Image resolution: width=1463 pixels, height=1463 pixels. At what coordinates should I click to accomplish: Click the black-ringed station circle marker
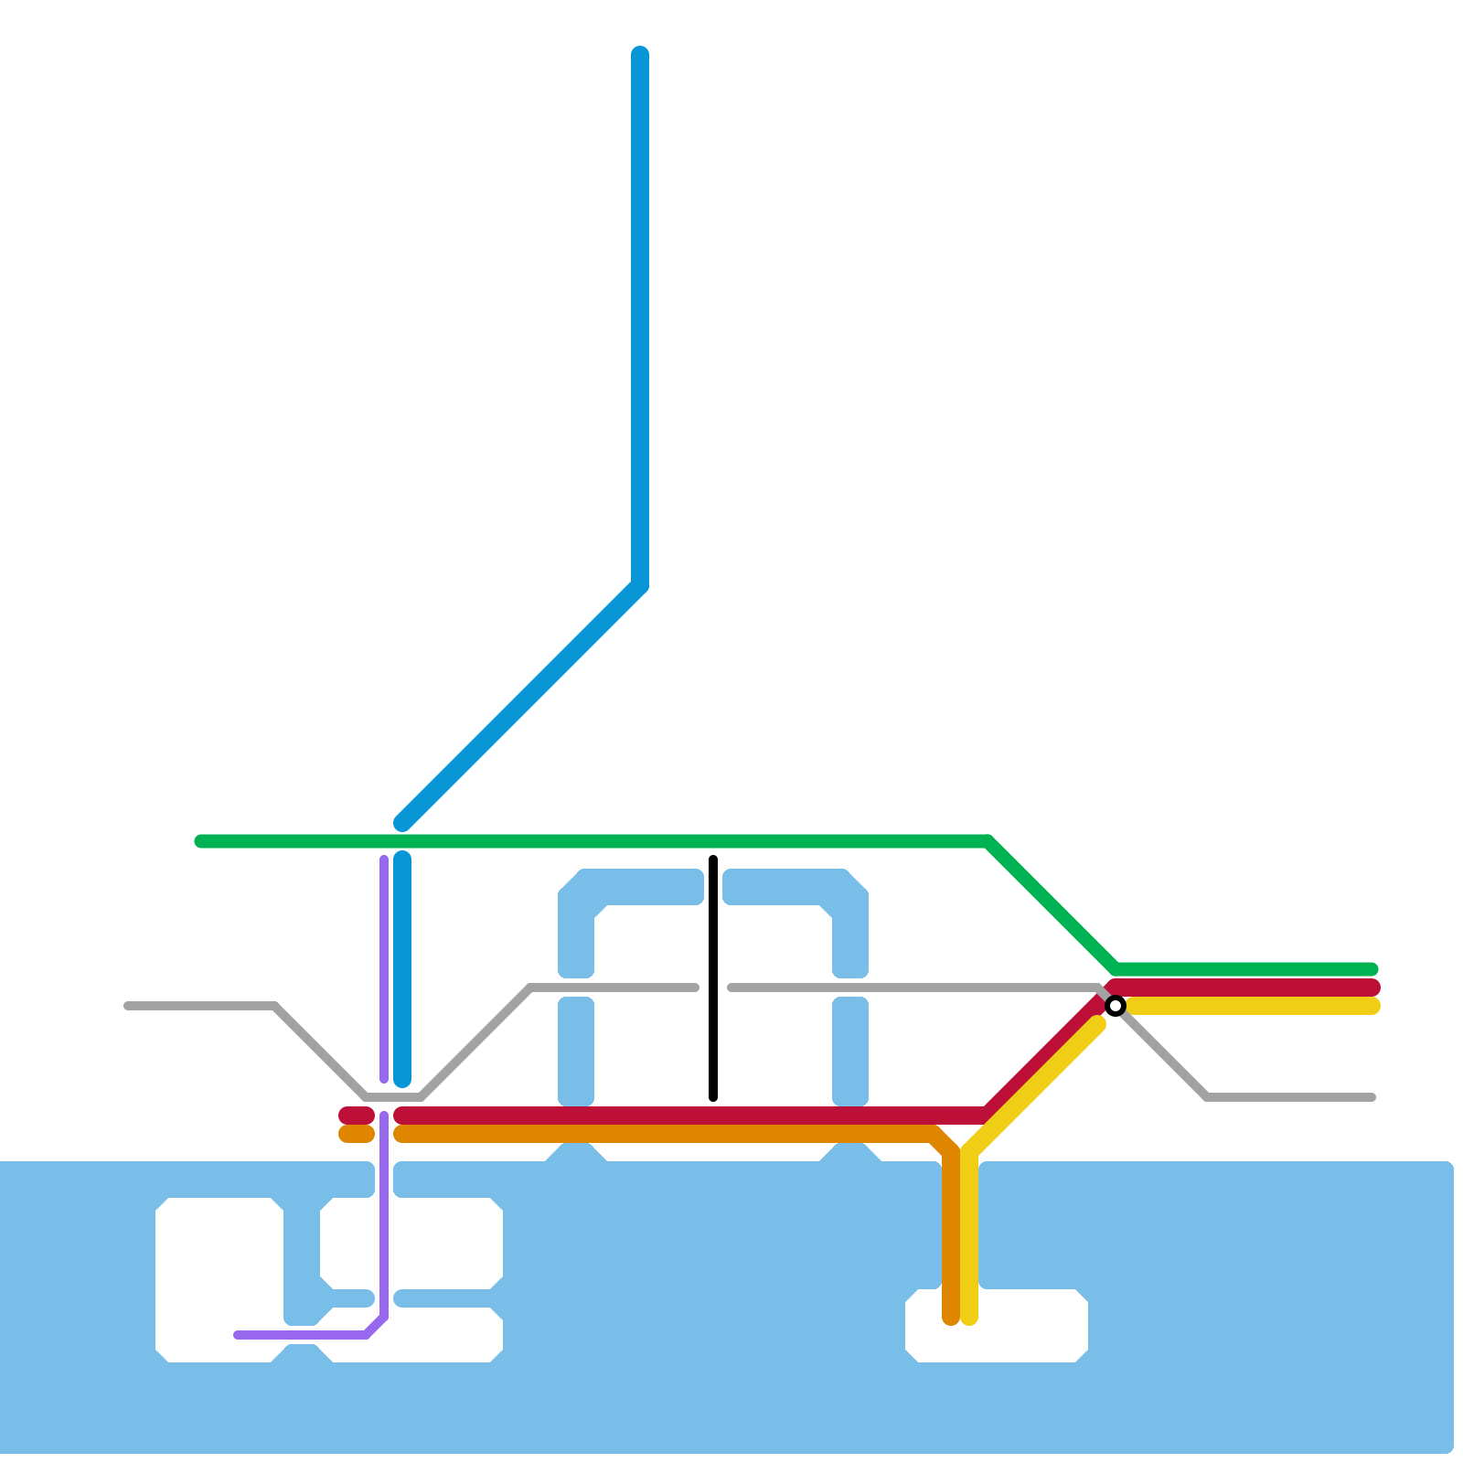[1115, 1006]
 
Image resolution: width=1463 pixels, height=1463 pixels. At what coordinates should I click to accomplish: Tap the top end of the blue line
[640, 53]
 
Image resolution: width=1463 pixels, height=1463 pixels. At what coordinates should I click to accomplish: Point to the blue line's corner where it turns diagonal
[640, 585]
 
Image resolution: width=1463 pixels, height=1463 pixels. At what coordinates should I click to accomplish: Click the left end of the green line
[201, 841]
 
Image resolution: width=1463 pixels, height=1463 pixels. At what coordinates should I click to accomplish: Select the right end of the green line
[1372, 969]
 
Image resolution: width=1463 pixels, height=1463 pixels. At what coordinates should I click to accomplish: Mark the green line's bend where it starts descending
[988, 841]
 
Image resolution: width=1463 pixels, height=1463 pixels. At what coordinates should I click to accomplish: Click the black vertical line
[713, 978]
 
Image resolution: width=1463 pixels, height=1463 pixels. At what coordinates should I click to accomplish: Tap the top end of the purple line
[384, 860]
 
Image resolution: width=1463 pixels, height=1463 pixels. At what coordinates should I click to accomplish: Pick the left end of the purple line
[238, 1335]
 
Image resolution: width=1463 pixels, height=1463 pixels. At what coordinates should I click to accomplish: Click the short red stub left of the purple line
[356, 1116]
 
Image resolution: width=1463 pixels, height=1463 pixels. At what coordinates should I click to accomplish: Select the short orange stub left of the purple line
[356, 1135]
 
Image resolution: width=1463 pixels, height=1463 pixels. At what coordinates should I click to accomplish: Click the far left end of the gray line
[128, 1006]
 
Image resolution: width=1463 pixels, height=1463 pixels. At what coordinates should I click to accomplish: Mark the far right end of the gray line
[1372, 1097]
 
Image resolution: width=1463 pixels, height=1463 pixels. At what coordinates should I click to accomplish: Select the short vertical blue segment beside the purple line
[402, 969]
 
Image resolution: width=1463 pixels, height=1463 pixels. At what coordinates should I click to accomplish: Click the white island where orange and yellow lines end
[1024, 1330]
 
